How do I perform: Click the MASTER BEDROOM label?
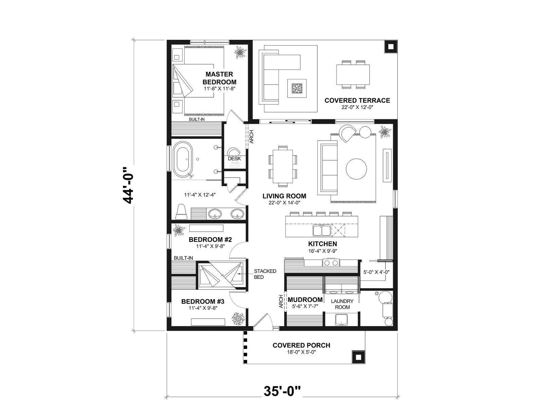coord(220,78)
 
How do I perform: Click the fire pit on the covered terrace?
coord(297,88)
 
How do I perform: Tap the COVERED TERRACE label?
coord(357,101)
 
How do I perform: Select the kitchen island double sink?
coord(322,230)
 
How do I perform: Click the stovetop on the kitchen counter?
coord(331,262)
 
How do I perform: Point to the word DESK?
coord(234,158)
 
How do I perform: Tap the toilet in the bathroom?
coord(182,211)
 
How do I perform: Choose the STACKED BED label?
coord(265,274)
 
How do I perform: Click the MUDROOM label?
coord(305,300)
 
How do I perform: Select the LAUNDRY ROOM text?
coord(342,304)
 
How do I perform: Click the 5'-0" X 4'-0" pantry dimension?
coord(376,272)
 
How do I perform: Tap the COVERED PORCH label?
coord(301,345)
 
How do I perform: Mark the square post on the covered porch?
coord(358,357)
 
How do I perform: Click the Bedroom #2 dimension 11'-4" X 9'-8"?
coord(210,247)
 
